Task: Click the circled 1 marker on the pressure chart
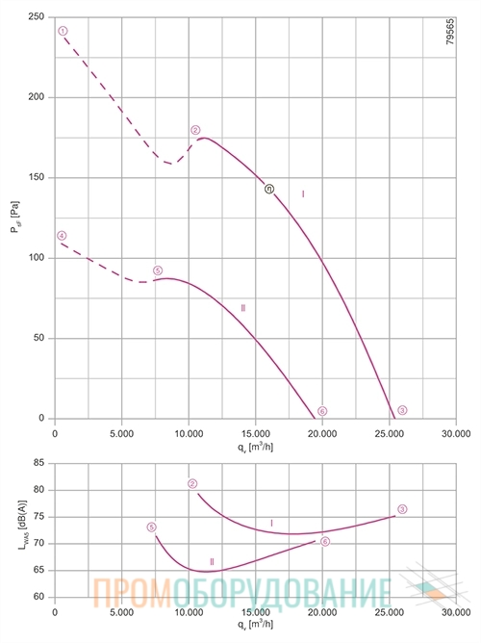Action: click(63, 31)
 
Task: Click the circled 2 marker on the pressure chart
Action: click(195, 130)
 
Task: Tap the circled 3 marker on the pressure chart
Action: click(402, 410)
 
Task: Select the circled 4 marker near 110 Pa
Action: click(62, 236)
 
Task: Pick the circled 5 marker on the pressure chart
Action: click(158, 270)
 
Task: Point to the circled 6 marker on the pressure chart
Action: click(322, 411)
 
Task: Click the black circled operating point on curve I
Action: click(269, 189)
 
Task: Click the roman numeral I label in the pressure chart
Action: click(303, 194)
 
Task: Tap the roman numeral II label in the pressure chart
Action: click(243, 308)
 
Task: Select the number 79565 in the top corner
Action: click(450, 31)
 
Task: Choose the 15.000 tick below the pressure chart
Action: click(255, 433)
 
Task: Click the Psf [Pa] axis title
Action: click(15, 218)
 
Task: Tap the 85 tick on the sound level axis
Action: click(38, 463)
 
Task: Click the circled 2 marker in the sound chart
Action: click(192, 484)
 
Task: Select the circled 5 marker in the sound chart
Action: click(152, 527)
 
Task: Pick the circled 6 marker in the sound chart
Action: click(325, 542)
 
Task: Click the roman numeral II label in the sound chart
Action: click(212, 562)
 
